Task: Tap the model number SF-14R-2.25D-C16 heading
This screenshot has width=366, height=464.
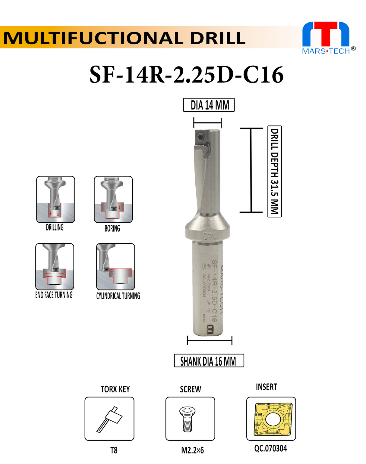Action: pyautogui.click(x=186, y=75)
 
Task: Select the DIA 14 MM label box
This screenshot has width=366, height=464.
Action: pyautogui.click(x=209, y=105)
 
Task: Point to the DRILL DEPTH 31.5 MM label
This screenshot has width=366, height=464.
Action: pyautogui.click(x=274, y=171)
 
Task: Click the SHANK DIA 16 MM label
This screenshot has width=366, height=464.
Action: pyautogui.click(x=209, y=361)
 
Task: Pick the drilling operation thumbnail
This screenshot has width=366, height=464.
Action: pyautogui.click(x=55, y=199)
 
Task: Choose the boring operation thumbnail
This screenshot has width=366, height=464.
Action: pyautogui.click(x=113, y=199)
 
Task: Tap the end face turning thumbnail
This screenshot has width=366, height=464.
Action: pyautogui.click(x=55, y=266)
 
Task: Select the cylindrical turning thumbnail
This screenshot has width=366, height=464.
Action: pyautogui.click(x=115, y=266)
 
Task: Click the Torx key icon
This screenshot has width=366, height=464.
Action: pyautogui.click(x=109, y=419)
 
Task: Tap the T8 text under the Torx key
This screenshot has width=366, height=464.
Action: pyautogui.click(x=114, y=450)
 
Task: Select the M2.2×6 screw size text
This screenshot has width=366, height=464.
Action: pyautogui.click(x=192, y=450)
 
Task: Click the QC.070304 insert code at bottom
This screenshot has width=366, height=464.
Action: pyautogui.click(x=270, y=449)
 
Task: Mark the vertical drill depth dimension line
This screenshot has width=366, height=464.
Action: pyautogui.click(x=251, y=170)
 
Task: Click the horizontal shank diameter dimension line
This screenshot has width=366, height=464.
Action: pyautogui.click(x=210, y=341)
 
